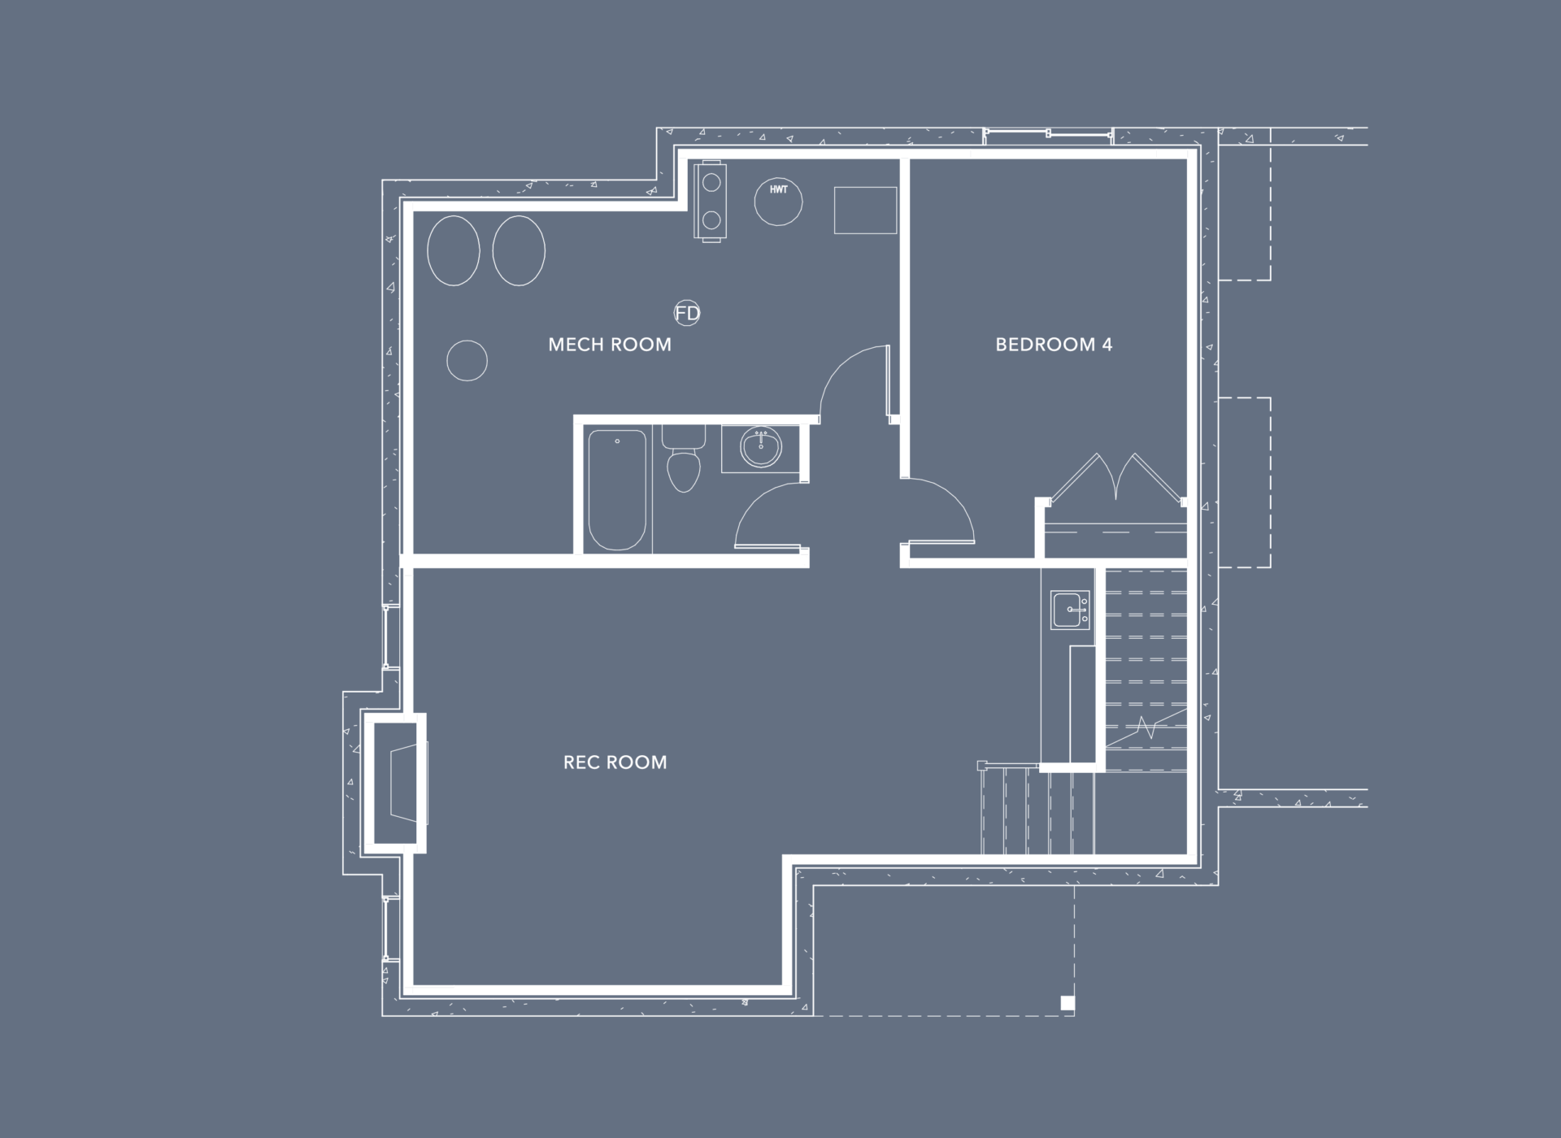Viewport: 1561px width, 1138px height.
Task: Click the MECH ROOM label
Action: point(610,345)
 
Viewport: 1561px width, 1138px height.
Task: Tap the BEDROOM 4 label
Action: point(1054,345)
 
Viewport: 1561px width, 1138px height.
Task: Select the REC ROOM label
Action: point(615,762)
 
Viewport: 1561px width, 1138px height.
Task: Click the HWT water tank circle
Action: point(778,201)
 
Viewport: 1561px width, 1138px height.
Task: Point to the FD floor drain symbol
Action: point(687,313)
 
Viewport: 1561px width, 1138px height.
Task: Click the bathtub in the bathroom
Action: point(617,490)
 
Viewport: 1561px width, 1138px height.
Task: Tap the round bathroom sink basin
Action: point(761,448)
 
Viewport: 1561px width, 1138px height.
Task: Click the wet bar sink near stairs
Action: point(1070,610)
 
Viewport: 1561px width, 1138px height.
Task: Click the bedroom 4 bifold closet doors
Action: point(1115,480)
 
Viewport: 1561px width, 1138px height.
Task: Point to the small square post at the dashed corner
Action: point(1067,1003)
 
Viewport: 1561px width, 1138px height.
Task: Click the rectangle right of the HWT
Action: point(865,211)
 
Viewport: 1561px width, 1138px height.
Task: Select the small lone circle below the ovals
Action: point(467,360)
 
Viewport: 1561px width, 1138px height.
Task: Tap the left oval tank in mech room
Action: point(454,250)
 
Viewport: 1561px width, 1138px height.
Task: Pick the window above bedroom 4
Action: point(1047,134)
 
